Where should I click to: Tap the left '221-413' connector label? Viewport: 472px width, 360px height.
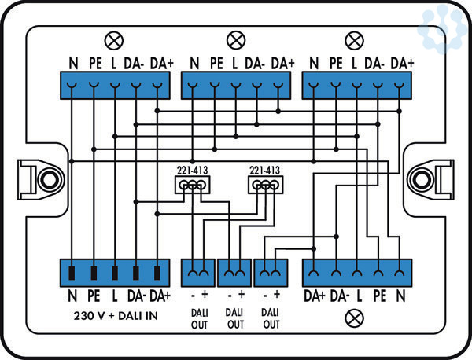click(x=191, y=169)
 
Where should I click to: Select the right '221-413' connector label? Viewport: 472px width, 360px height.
click(x=264, y=169)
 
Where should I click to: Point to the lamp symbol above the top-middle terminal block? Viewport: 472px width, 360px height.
click(x=234, y=39)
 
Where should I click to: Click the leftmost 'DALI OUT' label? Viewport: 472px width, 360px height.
click(x=199, y=319)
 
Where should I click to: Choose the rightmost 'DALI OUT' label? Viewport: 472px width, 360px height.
click(x=271, y=319)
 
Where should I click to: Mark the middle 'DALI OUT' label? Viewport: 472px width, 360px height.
click(x=235, y=319)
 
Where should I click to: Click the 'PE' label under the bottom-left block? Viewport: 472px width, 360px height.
click(x=94, y=296)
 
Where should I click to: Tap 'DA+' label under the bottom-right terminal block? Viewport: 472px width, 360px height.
click(x=315, y=296)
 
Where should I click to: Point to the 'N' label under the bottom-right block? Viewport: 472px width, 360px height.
click(x=402, y=296)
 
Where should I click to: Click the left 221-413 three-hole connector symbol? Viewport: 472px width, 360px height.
click(x=191, y=185)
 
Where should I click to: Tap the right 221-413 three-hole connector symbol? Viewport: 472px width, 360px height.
click(x=264, y=185)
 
